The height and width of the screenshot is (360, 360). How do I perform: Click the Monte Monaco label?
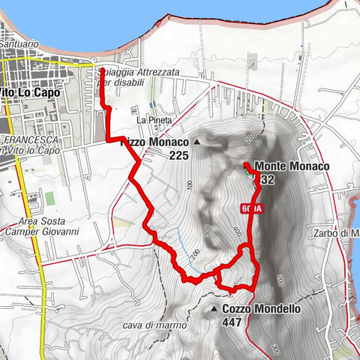click(292, 166)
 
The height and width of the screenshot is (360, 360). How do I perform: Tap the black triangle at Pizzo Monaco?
click(197, 141)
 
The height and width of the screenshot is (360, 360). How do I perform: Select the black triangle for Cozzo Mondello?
click(214, 308)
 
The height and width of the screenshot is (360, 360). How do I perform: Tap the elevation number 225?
click(178, 155)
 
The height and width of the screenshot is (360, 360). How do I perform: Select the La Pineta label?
click(154, 120)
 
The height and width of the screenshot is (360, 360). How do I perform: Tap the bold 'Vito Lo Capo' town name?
click(26, 91)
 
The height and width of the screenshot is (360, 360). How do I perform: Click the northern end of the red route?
click(102, 70)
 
